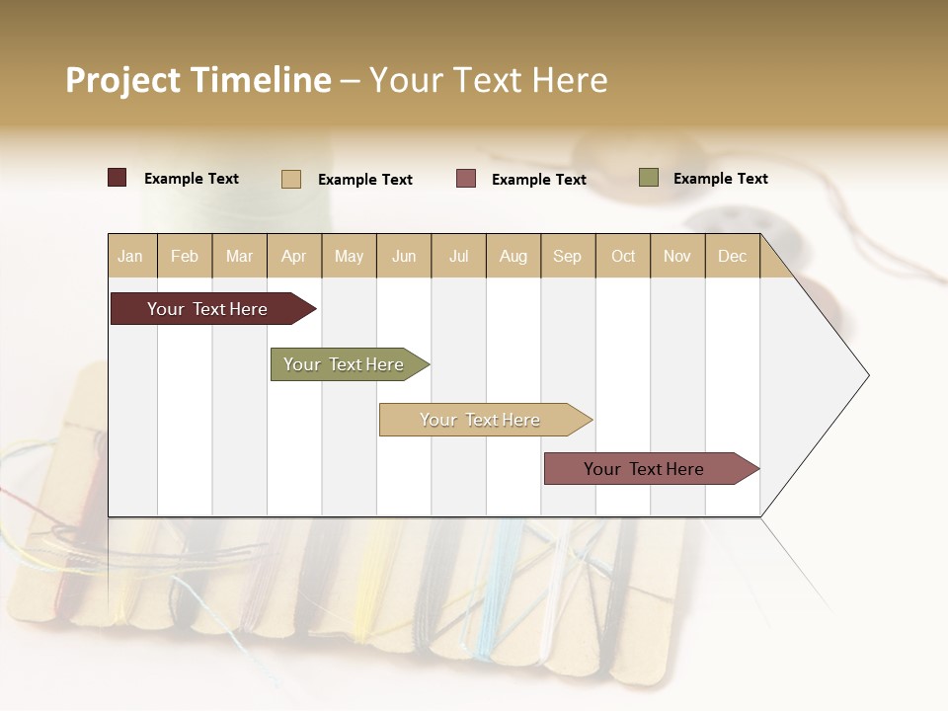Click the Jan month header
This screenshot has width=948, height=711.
[131, 256]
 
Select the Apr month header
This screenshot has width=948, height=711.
[294, 256]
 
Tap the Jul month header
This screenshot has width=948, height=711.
[458, 256]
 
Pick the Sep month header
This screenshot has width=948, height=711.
[567, 256]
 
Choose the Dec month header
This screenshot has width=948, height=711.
[732, 256]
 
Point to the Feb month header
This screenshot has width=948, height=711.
[185, 256]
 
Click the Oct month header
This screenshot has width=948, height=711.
[623, 256]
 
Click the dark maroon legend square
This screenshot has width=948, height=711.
[118, 178]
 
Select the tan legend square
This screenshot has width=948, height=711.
[291, 179]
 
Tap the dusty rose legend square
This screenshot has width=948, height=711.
[466, 179]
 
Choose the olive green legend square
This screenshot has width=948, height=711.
[649, 178]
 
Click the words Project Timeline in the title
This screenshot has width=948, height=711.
[198, 80]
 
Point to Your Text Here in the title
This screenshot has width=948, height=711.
[488, 80]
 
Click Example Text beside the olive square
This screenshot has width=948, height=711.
[720, 179]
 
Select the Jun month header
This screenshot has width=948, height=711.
[404, 256]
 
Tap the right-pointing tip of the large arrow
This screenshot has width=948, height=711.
[865, 375]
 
